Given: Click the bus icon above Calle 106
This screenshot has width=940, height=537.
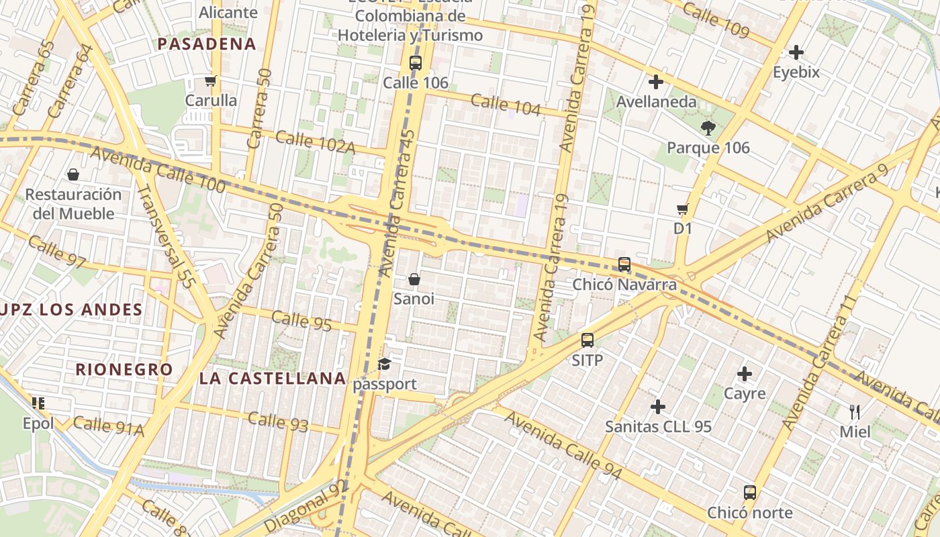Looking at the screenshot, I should click(416, 64).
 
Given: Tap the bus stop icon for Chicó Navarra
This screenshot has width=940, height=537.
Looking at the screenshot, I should click(624, 264).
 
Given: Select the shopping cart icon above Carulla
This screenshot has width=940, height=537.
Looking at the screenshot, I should click(211, 81).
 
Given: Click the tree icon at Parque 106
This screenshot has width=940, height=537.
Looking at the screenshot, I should click(707, 128).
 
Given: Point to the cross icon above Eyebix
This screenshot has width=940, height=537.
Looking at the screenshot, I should click(796, 52).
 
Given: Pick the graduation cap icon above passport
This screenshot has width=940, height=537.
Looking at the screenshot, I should click(384, 364).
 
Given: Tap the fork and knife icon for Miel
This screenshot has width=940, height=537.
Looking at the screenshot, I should click(855, 411).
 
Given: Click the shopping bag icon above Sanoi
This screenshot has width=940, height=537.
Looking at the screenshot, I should click(414, 279).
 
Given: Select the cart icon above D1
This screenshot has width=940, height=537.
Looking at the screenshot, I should click(683, 209).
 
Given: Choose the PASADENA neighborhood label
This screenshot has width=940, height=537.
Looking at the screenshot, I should click(207, 44).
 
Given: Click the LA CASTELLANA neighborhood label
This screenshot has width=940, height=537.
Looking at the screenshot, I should click(273, 379).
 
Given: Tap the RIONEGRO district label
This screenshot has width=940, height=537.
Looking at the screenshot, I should click(124, 369).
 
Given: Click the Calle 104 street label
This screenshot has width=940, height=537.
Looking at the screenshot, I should click(506, 104).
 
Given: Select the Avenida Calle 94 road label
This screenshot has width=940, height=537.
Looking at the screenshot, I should click(563, 446).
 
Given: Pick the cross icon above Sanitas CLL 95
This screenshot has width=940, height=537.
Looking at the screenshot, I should click(658, 407).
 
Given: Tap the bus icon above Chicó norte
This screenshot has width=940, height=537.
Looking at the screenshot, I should click(750, 493).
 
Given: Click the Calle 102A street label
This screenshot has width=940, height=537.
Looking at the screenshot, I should click(315, 142).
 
